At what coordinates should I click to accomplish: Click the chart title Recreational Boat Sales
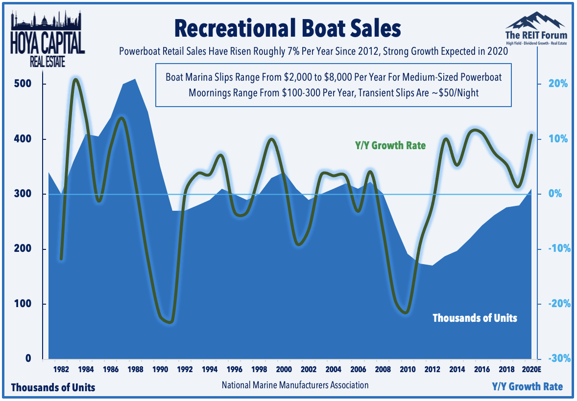288,28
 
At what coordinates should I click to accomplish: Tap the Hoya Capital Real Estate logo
48,39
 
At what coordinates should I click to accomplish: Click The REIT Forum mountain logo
536,29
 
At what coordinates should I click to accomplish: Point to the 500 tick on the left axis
23,84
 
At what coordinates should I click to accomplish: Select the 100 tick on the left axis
23,304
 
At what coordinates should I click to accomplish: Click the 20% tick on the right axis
558,84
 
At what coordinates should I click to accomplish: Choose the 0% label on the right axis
555,194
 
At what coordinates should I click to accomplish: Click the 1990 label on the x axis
160,369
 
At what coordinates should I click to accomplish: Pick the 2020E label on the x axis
531,369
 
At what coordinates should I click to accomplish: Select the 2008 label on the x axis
383,369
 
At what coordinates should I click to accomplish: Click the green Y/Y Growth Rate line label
390,146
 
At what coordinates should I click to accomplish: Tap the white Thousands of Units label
475,318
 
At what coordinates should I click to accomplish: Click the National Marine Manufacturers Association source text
295,385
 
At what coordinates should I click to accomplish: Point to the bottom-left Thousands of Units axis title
53,387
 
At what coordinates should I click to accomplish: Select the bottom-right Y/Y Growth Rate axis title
528,387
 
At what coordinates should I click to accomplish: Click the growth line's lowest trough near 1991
169,322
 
